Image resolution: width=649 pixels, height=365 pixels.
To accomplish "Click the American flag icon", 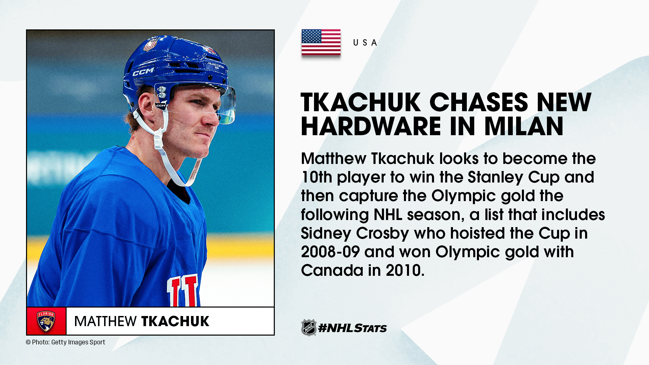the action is point(321,42).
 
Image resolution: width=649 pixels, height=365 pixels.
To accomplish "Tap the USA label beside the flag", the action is point(365,43).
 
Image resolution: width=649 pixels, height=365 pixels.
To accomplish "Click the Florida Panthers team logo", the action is point(46,321).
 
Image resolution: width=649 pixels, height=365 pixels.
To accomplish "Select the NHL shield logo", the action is point(309,327).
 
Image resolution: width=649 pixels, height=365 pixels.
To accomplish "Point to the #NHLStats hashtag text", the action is point(353,328).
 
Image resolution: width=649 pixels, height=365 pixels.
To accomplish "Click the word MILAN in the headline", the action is point(524,126).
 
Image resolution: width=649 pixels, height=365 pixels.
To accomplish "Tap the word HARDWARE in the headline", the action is point(371,126).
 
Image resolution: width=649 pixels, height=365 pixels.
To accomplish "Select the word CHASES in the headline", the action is point(478,102).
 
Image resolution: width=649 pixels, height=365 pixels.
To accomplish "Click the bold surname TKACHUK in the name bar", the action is point(175,321).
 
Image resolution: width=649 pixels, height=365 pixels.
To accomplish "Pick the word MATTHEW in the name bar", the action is point(105,321).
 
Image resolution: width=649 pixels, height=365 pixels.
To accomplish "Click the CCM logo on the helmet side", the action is point(143,72).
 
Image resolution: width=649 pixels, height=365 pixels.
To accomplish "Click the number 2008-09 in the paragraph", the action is point(330,252).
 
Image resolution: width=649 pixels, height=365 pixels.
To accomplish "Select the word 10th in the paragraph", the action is point(317,177).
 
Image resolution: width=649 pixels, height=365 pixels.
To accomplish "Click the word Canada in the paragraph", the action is point(332,270).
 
